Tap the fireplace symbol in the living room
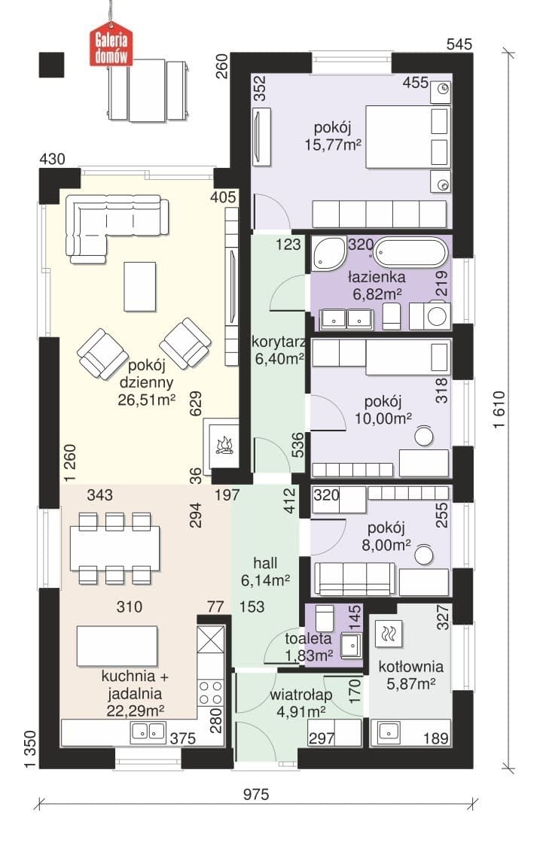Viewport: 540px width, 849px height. click(223, 443)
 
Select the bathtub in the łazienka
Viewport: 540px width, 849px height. click(411, 253)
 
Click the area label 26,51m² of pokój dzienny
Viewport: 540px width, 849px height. click(146, 400)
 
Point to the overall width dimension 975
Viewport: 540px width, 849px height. click(255, 794)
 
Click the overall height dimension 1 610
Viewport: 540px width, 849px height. click(499, 409)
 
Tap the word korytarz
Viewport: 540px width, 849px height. click(279, 342)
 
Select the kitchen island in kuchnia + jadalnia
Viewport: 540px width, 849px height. click(117, 646)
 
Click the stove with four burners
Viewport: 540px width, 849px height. click(211, 692)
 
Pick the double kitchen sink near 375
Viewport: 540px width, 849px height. click(148, 732)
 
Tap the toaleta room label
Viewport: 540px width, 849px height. click(308, 638)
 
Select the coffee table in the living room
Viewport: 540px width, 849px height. click(140, 287)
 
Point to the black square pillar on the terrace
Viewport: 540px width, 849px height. click(51, 65)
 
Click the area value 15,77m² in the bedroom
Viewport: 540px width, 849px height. click(333, 145)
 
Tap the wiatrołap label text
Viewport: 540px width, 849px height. click(301, 695)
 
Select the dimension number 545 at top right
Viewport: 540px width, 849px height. click(459, 44)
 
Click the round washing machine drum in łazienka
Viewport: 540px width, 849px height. click(437, 315)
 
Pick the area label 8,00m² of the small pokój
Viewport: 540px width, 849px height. click(386, 545)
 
